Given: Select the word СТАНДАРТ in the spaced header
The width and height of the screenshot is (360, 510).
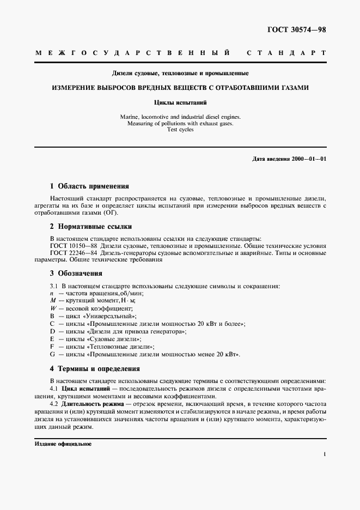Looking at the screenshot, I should tap(286, 53).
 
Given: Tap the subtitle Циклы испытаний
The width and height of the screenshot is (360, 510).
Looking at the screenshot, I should tap(180, 101).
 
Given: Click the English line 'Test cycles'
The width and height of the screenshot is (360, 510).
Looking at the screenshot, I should tap(180, 131).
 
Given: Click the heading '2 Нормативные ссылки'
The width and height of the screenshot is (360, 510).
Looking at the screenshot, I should tap(90, 226).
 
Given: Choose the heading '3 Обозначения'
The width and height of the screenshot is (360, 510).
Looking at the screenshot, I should tap(76, 273).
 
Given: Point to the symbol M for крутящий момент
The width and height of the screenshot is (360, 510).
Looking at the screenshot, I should tap(53, 301).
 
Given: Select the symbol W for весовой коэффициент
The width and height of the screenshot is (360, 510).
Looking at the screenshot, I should tap(53, 308).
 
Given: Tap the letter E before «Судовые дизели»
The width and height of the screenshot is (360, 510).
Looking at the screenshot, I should tap(52, 339).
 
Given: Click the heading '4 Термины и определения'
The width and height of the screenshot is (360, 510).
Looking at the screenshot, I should tap(95, 368).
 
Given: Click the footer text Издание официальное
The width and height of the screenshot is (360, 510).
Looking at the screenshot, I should tap(63, 444).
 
